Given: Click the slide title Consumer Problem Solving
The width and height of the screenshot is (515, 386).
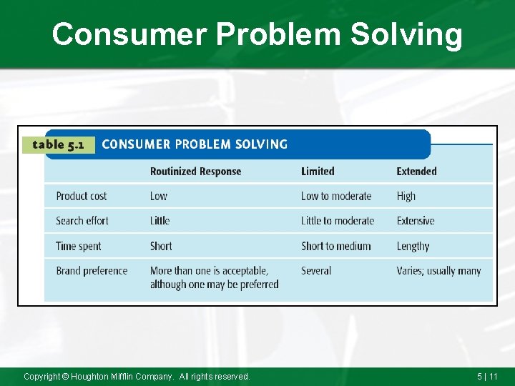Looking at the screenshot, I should [x=257, y=34].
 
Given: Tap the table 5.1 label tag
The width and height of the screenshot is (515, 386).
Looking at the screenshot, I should [x=59, y=144].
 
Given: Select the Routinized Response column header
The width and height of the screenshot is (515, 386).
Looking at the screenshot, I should [x=195, y=172].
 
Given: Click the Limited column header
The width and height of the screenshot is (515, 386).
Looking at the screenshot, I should [x=318, y=172].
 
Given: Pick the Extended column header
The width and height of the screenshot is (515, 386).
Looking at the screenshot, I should [x=416, y=172].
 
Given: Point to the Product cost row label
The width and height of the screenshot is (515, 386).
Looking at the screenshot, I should [x=81, y=196].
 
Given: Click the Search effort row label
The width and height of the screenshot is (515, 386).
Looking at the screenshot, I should [x=82, y=221].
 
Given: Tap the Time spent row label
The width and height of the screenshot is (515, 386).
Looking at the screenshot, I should [x=79, y=246].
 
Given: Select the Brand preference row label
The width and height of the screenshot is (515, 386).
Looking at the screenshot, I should [x=92, y=271].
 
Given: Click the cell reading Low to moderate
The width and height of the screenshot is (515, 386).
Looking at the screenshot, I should [x=336, y=196].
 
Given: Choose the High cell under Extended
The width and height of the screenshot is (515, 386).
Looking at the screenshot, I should [x=406, y=196].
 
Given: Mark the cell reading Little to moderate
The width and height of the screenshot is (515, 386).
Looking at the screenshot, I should [x=338, y=221].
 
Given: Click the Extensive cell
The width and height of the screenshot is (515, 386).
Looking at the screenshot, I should [x=416, y=221].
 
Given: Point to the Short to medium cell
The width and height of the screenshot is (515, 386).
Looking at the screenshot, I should [x=335, y=246].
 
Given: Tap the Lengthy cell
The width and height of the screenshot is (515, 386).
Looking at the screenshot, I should [x=413, y=246].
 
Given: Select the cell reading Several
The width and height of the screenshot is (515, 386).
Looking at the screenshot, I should [x=316, y=271].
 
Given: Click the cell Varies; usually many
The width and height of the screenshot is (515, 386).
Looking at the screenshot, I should [x=438, y=271].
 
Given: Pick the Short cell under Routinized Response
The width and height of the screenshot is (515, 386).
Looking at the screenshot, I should [x=161, y=246].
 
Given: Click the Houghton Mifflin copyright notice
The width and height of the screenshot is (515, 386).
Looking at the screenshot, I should [x=137, y=376].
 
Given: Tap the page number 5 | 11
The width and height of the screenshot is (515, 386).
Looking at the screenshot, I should [x=487, y=376].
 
